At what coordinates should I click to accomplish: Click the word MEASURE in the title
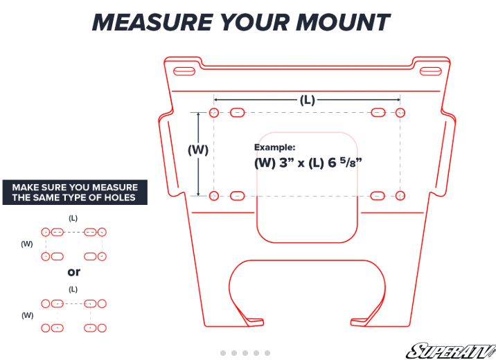152,22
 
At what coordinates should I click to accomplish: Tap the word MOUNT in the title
343,22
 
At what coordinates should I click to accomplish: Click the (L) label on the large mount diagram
307,100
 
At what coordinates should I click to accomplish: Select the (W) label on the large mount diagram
198,150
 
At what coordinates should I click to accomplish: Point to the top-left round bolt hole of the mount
214,113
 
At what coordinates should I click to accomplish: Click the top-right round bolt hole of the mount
400,113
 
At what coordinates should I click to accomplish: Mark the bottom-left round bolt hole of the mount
214,196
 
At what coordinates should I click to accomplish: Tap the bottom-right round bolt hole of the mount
400,196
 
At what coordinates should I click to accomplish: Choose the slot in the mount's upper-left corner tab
184,71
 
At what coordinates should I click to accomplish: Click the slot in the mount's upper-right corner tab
430,71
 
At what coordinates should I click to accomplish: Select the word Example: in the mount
274,147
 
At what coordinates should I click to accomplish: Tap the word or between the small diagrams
74,272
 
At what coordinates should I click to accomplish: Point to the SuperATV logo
451,351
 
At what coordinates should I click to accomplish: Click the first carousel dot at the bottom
223,353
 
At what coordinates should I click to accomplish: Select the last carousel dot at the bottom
267,353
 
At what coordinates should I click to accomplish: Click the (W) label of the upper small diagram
27,244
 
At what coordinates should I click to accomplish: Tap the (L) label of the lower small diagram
73,289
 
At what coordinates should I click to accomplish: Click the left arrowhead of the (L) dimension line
216,100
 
